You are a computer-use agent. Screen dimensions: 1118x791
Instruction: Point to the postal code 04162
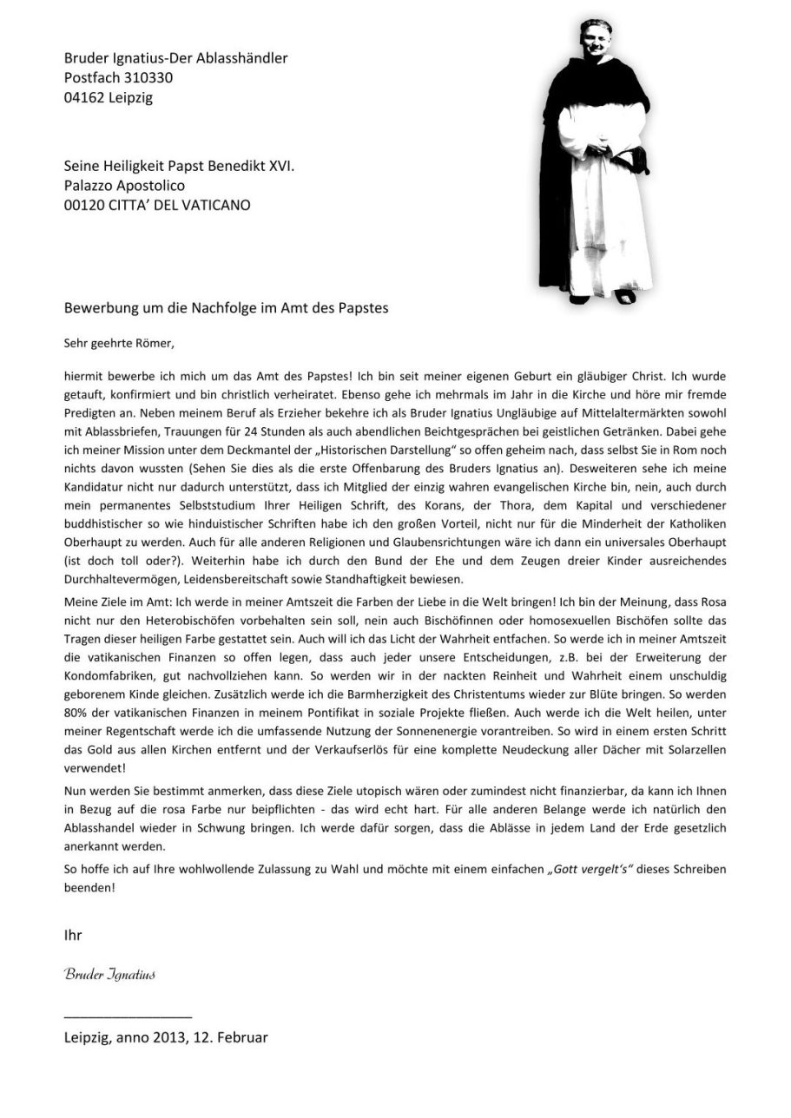pos(83,97)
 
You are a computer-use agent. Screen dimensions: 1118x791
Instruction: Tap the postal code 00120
pos(83,205)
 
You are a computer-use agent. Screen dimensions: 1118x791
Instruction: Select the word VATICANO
pos(216,205)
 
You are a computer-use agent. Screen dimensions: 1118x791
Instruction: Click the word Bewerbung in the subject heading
pos(98,308)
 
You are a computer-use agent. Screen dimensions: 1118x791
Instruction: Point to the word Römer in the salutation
pos(154,343)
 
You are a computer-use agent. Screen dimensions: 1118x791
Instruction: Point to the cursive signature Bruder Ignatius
pos(110,974)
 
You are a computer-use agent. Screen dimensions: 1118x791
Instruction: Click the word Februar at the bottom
pos(241,1036)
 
